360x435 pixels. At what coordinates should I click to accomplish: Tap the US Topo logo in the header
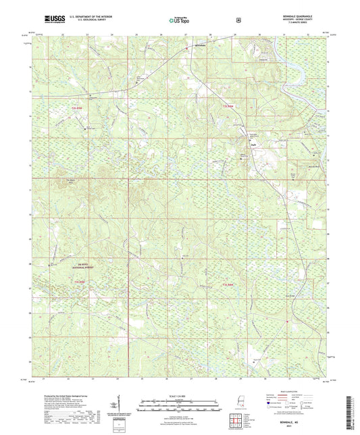point(178,21)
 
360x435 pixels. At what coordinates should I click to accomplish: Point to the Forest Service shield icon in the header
point(238,21)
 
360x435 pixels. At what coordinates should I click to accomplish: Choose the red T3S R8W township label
point(228,286)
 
